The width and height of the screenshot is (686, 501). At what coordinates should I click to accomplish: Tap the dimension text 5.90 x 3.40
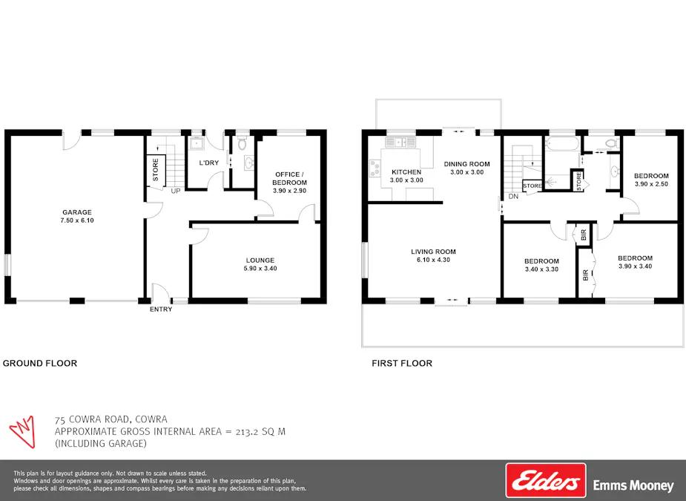[260, 269]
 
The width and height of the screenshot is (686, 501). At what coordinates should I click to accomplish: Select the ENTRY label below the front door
[161, 310]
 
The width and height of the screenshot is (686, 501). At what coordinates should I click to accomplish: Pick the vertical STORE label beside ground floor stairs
[156, 169]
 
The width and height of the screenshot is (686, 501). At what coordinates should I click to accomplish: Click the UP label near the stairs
[176, 191]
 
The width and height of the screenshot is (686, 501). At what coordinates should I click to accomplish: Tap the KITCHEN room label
[406, 171]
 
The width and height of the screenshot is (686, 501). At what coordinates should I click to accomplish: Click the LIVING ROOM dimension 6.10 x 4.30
[433, 260]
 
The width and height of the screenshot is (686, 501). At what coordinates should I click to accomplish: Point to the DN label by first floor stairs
[513, 197]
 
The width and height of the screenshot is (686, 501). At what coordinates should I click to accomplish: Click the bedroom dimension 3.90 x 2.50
[651, 184]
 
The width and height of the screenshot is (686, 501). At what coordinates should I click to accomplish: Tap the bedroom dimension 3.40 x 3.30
[541, 269]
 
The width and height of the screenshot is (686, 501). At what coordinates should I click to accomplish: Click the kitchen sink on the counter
[405, 141]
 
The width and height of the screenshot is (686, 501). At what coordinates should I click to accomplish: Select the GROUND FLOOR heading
[40, 363]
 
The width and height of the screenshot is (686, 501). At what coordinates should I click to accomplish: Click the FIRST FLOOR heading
[402, 363]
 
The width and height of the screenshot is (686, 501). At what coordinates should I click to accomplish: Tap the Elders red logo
[546, 480]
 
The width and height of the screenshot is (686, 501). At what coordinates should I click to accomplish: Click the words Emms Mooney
[633, 486]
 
